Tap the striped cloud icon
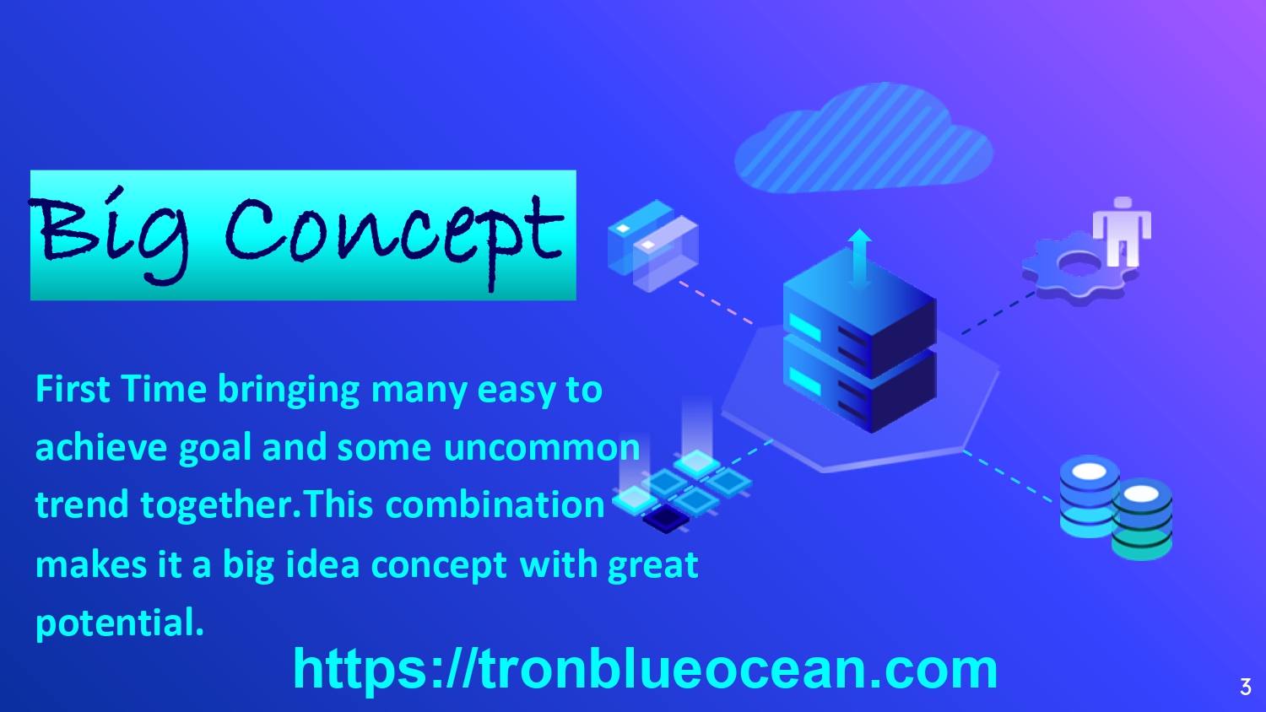click(x=863, y=138)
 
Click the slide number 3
click(x=1246, y=687)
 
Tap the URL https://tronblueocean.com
click(x=645, y=670)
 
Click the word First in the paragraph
click(x=73, y=389)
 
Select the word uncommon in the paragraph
click(x=542, y=448)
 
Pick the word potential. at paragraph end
click(x=119, y=624)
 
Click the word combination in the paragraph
click(x=495, y=504)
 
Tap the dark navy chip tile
click(x=666, y=519)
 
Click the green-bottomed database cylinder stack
click(x=1142, y=520)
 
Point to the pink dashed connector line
click(x=716, y=303)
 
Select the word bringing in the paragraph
click(x=289, y=391)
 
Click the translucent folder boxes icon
click(x=652, y=245)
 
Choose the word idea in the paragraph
click(x=322, y=564)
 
